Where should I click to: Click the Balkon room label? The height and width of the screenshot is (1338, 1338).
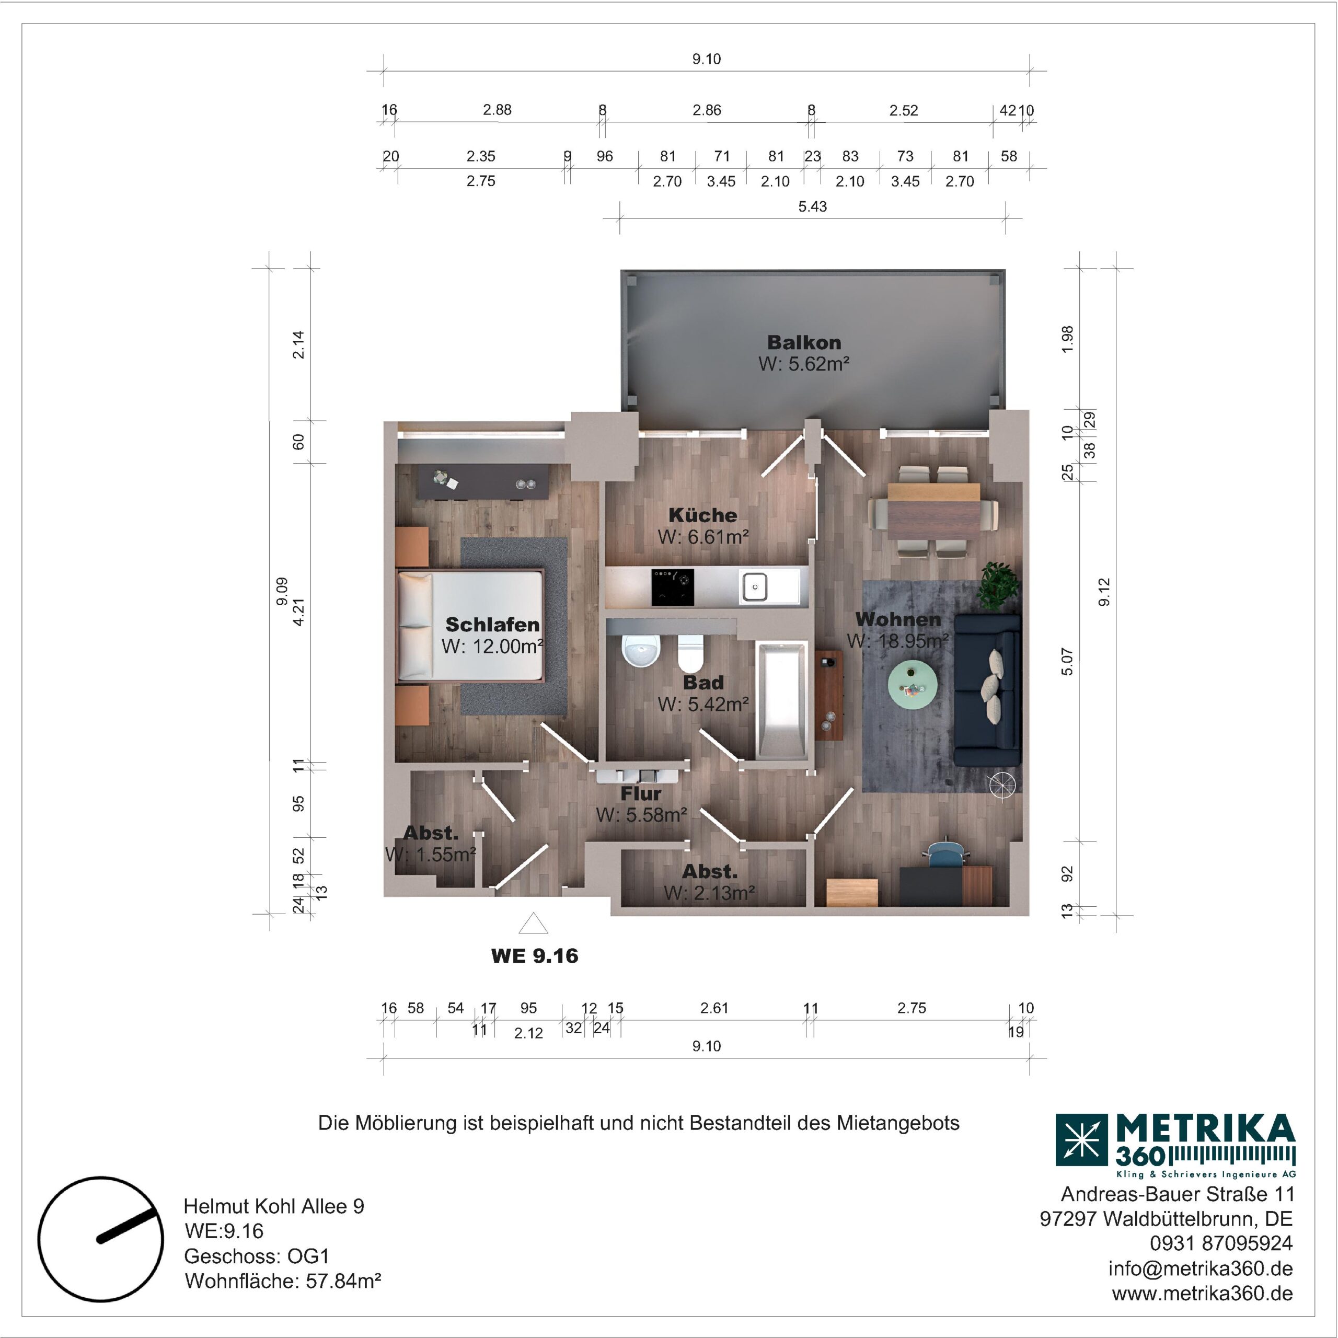pyautogui.click(x=804, y=342)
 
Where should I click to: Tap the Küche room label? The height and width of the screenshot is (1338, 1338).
pyautogui.click(x=702, y=515)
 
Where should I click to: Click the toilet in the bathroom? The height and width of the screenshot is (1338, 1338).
pyautogui.click(x=690, y=653)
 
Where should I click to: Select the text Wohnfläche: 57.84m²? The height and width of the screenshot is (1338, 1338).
pyautogui.click(x=283, y=1281)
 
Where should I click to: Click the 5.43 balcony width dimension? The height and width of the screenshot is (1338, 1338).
pyautogui.click(x=812, y=206)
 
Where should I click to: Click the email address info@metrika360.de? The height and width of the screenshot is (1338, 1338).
pyautogui.click(x=1200, y=1268)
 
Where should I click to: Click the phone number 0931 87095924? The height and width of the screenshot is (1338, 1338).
pyautogui.click(x=1221, y=1243)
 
